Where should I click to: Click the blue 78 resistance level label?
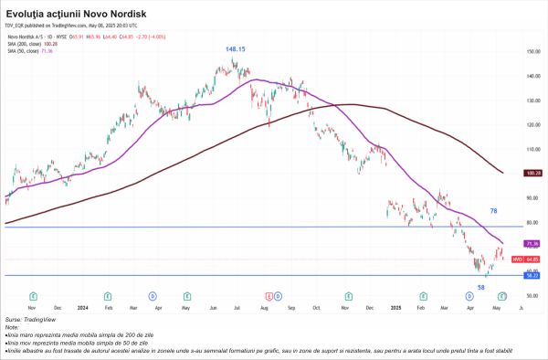pos(492,211)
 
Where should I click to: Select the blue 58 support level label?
pos(480,287)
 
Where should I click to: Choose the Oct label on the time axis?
pos(318,308)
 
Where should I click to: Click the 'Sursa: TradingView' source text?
pos(27,320)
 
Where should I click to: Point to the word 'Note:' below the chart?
pos(12,326)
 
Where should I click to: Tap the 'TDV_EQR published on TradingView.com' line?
pos(57,28)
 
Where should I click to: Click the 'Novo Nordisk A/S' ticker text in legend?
pos(27,36)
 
